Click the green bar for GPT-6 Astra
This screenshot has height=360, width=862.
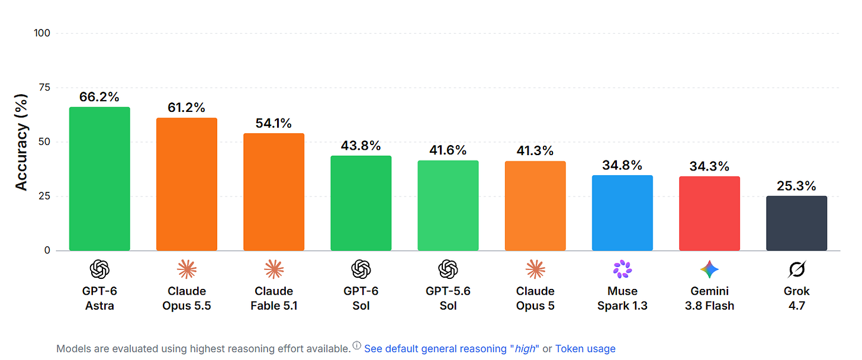(x=99, y=179)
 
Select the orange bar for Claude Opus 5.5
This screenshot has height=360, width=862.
(x=186, y=184)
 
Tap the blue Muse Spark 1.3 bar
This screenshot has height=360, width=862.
(x=622, y=213)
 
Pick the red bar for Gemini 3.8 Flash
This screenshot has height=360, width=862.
(x=709, y=213)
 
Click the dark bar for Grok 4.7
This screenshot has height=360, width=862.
(x=797, y=223)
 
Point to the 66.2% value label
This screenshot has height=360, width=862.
(x=99, y=97)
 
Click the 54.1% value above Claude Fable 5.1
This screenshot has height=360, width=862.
(x=274, y=123)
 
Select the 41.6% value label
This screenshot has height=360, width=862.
(x=448, y=150)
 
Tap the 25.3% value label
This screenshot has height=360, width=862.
(x=796, y=186)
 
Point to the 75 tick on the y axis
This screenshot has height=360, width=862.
(x=44, y=88)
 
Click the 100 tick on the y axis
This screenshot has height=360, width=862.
(x=42, y=33)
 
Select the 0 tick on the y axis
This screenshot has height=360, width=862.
(x=47, y=250)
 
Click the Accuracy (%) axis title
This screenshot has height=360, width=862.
(x=21, y=142)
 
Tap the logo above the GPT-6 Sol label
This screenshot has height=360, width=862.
(x=361, y=269)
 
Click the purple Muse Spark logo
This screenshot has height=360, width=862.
(x=622, y=269)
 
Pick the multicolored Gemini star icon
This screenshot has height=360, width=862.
(x=710, y=269)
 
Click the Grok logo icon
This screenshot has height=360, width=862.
(x=797, y=269)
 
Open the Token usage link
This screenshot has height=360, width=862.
(x=586, y=349)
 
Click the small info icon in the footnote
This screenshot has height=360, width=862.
(x=357, y=345)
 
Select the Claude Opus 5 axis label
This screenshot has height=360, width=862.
(x=535, y=298)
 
